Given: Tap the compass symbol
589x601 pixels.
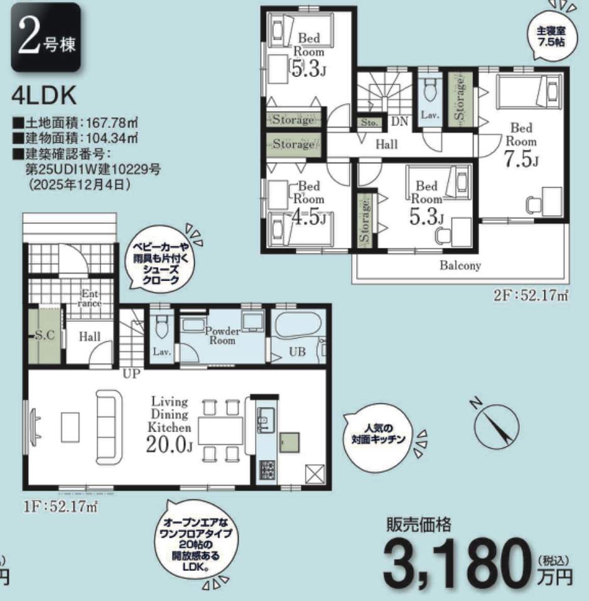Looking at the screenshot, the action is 497,425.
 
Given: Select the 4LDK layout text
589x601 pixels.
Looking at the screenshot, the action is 44,96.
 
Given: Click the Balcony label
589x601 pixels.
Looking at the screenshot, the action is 460,265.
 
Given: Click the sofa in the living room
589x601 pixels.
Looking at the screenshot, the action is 109,427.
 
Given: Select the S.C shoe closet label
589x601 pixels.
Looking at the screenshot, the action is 45,336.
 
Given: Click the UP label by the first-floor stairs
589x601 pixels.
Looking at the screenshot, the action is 131,374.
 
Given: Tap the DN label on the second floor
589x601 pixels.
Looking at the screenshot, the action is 399,122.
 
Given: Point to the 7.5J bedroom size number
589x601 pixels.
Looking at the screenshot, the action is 521,159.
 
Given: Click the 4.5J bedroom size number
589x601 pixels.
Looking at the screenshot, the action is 309,218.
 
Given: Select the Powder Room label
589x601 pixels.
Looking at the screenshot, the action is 222,336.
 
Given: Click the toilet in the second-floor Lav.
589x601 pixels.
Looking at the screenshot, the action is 428,91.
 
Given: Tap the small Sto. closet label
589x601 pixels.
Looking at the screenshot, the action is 369,123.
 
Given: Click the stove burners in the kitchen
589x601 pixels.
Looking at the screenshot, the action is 267,469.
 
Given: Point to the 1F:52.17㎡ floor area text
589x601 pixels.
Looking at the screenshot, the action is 62,507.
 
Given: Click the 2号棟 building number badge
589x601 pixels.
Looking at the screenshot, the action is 46,37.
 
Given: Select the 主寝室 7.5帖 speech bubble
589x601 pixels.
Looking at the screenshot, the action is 551,36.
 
